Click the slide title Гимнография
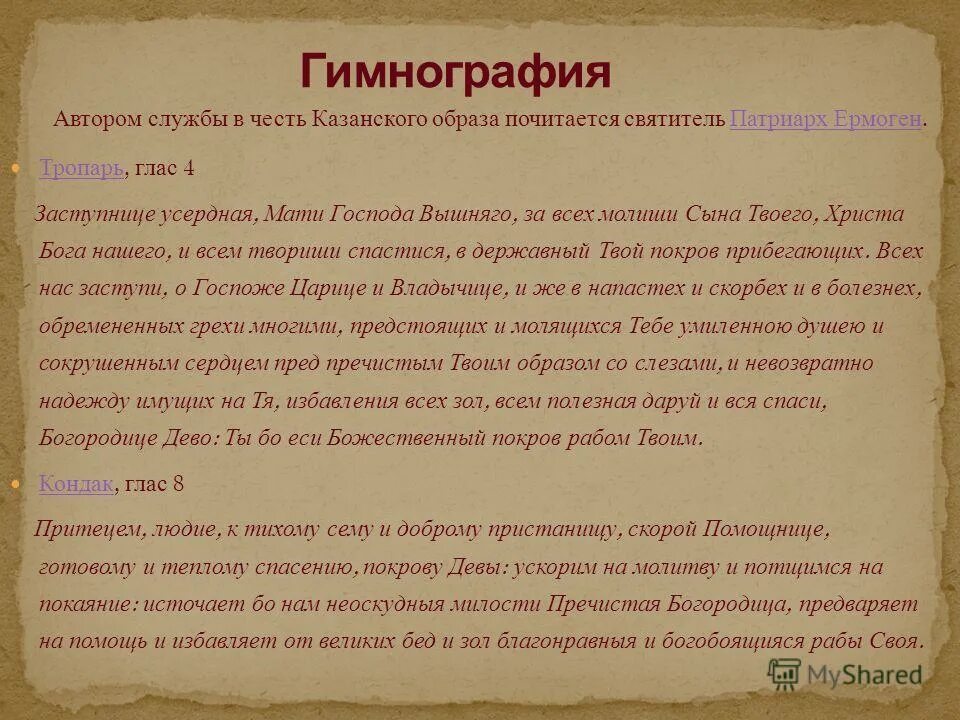pyautogui.click(x=455, y=73)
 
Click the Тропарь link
pyautogui.click(x=82, y=168)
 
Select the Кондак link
pyautogui.click(x=76, y=484)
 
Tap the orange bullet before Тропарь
pyautogui.click(x=26, y=168)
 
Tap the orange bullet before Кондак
pyautogui.click(x=26, y=484)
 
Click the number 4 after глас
pyautogui.click(x=188, y=168)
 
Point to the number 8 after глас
pyautogui.click(x=178, y=484)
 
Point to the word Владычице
pyautogui.click(x=457, y=290)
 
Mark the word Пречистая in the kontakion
pyautogui.click(x=594, y=604)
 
